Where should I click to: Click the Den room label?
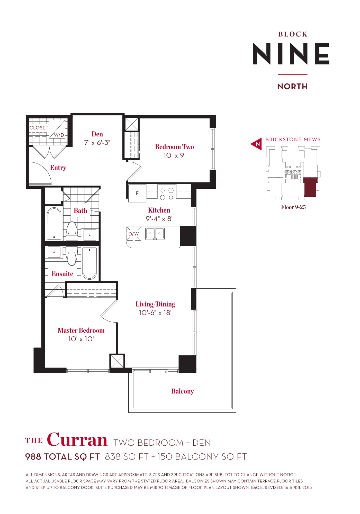pos(97,134)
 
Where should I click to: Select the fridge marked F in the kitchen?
pos(137,193)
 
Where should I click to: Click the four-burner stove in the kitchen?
pos(167,193)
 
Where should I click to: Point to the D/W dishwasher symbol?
pos(133,234)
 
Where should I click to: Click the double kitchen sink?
pos(155,234)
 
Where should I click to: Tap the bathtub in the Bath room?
pos(54,224)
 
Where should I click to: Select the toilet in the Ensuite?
pos(71,256)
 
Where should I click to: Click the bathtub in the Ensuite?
pos(89,263)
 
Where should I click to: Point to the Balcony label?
pos(183,391)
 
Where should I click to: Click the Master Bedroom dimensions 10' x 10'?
pos(81,339)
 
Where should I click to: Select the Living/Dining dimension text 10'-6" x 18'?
pos(155,313)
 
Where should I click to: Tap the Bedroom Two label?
pos(175,147)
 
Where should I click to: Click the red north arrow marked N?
pos(257,144)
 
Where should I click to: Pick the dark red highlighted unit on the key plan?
pos(310,187)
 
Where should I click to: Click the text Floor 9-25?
pos(293,207)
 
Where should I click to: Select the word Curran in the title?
pos(77,440)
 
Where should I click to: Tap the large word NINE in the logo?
pos(291,54)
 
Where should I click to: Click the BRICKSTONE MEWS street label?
pos(293,140)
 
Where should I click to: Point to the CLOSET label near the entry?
pos(39,128)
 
